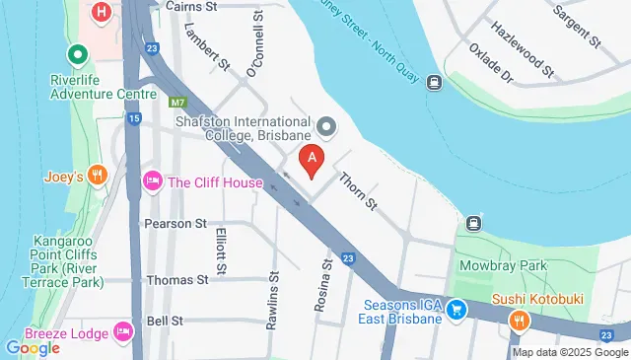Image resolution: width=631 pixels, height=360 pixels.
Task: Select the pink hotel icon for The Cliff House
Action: pos(152,181)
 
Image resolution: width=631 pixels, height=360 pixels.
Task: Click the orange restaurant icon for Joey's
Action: pos(96,177)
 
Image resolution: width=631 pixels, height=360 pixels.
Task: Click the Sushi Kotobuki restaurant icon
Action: pos(519,320)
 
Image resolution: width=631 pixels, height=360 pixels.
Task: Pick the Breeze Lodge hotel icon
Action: pos(123,329)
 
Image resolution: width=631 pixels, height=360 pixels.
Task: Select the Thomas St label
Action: pos(176,280)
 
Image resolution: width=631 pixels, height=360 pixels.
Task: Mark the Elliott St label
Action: pos(221,252)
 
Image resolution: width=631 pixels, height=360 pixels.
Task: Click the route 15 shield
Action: pos(133,119)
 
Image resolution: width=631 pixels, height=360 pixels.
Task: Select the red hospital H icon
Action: pos(100,12)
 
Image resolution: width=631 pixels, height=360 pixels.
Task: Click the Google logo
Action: pos(33,347)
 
